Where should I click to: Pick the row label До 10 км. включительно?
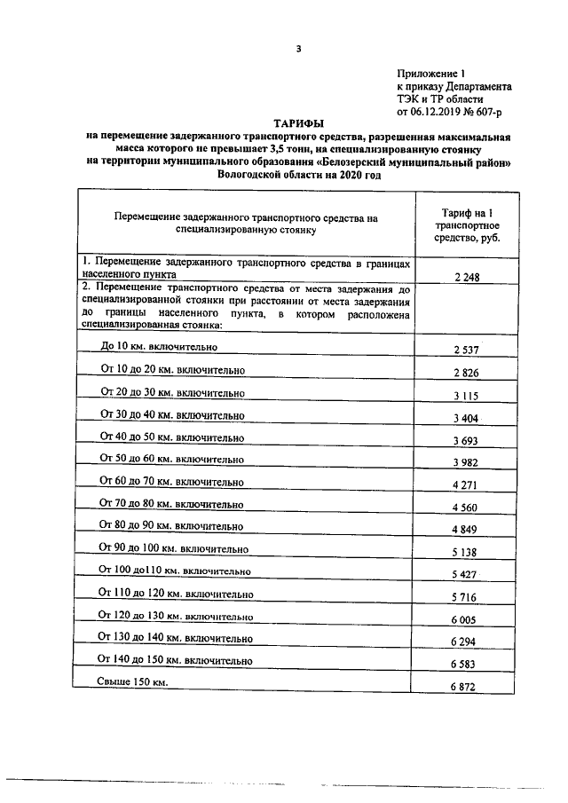coord(160,346)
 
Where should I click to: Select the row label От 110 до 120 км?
coord(176,593)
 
